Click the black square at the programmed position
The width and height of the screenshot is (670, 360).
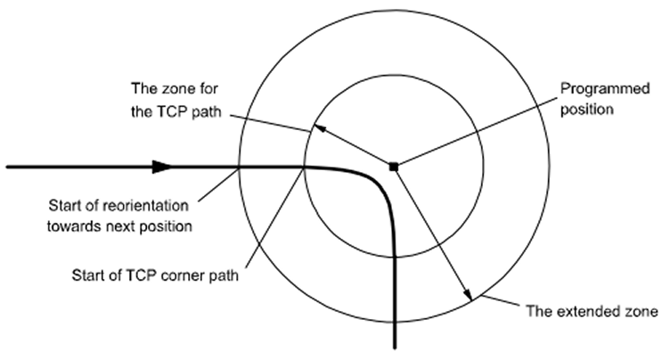click(393, 166)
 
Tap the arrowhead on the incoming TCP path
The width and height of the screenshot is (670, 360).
click(160, 166)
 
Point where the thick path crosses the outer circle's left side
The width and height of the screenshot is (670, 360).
click(240, 166)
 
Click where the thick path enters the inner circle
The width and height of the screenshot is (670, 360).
click(306, 166)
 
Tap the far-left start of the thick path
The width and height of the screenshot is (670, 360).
click(7, 166)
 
